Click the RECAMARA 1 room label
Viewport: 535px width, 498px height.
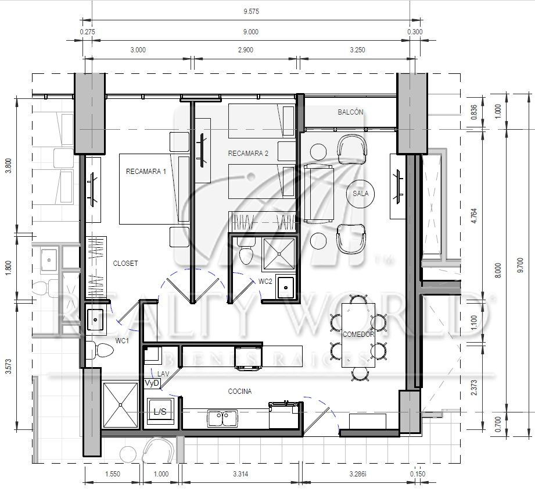tap(146, 172)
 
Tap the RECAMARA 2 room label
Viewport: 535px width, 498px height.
tap(248, 154)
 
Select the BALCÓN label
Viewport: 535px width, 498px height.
tap(350, 112)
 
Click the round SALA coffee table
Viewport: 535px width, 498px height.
tap(360, 194)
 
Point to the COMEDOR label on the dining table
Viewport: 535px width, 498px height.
tap(358, 335)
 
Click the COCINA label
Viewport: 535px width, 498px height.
tap(239, 392)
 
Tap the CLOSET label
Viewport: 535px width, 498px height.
tap(125, 264)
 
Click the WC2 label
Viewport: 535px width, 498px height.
tap(265, 282)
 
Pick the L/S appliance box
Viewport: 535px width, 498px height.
tap(160, 412)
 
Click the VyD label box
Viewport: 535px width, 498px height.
tap(152, 383)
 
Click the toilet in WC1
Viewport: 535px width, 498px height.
tap(104, 350)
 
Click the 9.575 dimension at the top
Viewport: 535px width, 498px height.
tap(251, 9)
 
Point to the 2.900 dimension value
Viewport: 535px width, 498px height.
tap(246, 49)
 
